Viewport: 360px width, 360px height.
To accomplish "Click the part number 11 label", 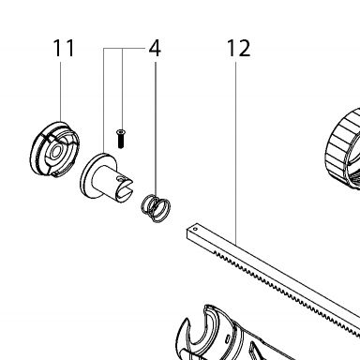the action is click(64, 48).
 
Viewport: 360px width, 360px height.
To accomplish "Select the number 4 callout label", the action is click(155, 48).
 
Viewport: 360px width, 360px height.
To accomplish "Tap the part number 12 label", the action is click(238, 48).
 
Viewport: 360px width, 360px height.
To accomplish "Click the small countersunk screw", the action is click(121, 139).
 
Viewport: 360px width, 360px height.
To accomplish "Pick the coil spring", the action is click(156, 208).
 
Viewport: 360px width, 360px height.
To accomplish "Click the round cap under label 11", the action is click(54, 149).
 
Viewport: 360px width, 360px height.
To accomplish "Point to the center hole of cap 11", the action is click(56, 153).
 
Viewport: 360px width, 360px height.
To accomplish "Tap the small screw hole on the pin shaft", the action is click(120, 178).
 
